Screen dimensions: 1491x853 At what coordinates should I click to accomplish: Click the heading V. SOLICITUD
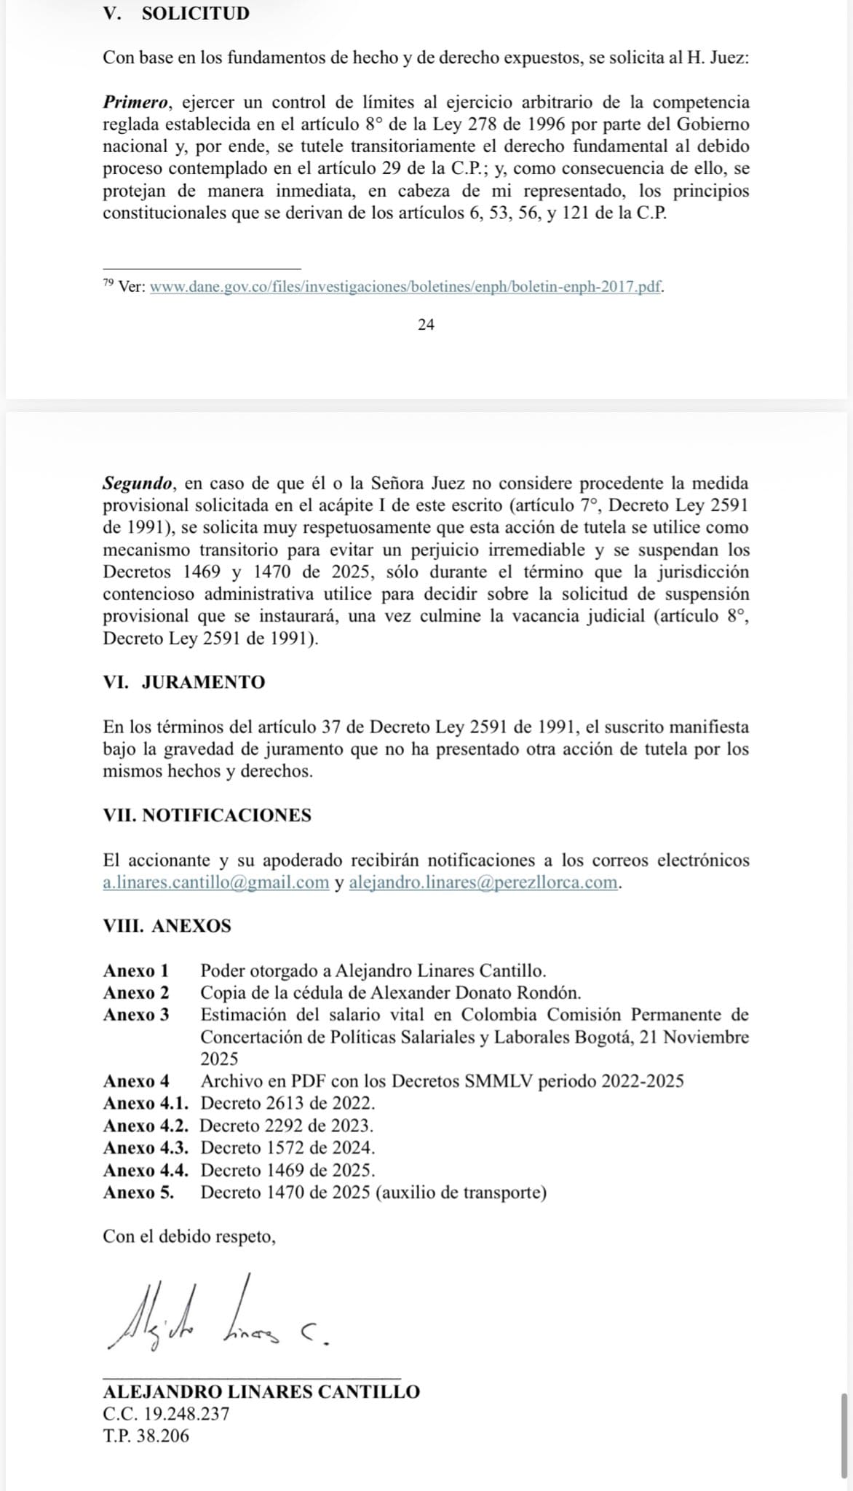[176, 13]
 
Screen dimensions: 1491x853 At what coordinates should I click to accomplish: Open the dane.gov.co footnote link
[405, 286]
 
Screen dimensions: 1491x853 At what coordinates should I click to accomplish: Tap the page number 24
[426, 325]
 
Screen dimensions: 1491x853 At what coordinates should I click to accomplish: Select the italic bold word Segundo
[138, 483]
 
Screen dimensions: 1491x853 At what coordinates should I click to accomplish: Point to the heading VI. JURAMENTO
[184, 682]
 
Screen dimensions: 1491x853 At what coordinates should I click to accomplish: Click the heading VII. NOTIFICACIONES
[207, 815]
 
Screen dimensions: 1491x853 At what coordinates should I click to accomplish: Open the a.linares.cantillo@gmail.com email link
[216, 882]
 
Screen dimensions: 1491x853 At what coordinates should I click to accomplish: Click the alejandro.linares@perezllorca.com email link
[484, 882]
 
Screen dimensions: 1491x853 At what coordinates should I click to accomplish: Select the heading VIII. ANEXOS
[167, 926]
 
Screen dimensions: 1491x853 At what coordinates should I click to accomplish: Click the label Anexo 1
[136, 970]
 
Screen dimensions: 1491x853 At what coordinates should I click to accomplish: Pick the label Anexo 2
[136, 992]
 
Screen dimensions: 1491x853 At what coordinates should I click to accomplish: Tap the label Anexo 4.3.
[146, 1147]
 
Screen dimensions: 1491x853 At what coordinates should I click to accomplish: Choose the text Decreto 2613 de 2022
[287, 1103]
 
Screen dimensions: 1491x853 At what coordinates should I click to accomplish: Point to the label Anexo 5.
[138, 1192]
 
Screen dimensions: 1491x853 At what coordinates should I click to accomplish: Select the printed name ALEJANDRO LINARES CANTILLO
[261, 1391]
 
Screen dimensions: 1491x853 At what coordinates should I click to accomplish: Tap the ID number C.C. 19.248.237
[166, 1414]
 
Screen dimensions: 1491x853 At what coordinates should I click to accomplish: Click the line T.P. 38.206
[146, 1436]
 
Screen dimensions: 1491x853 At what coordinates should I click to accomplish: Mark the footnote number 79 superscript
[108, 282]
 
